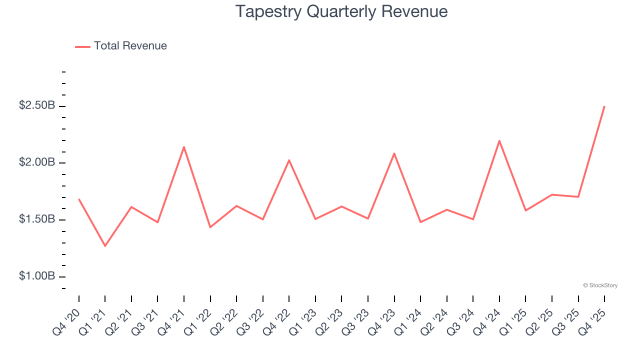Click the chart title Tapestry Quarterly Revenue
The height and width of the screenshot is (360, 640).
341,11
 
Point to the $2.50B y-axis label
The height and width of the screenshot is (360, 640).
37,106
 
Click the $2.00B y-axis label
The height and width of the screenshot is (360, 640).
37,163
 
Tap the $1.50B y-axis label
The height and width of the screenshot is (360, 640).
37,220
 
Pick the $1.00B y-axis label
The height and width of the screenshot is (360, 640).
37,276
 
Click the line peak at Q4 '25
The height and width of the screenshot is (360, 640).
604,106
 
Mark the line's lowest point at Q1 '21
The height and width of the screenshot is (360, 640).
105,246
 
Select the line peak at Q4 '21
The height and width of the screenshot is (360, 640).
184,147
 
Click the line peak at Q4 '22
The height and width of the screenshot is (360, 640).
289,160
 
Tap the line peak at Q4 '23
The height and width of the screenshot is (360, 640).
394,153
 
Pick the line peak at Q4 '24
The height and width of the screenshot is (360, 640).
499,140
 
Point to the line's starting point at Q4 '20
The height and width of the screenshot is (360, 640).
79,199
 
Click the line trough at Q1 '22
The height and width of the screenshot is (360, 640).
210,227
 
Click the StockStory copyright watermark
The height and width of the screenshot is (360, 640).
600,285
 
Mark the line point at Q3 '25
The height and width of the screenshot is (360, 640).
578,197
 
